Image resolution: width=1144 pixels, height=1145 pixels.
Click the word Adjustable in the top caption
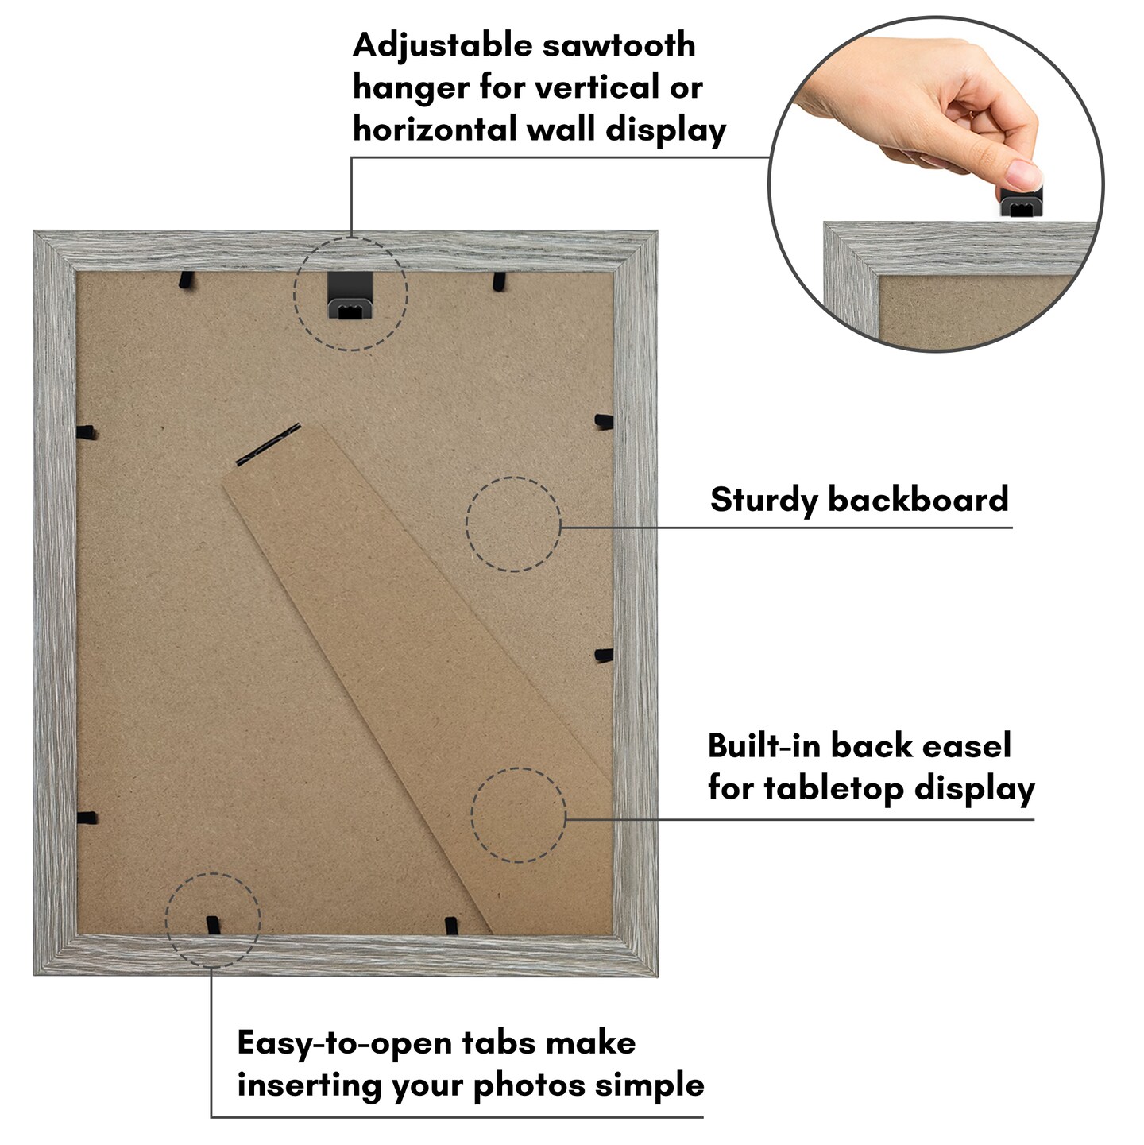[442, 46]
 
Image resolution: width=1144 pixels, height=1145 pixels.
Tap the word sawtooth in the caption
[619, 45]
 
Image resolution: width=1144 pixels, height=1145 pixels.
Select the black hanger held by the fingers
[1021, 203]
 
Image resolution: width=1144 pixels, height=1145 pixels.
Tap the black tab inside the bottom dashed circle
[212, 925]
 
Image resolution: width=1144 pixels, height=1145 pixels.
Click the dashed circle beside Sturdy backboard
[513, 524]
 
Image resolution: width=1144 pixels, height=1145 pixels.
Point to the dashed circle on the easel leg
[518, 814]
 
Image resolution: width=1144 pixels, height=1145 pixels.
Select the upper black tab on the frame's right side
[604, 421]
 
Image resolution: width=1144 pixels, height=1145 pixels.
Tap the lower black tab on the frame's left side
[87, 818]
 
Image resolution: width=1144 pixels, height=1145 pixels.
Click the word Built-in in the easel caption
[763, 746]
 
